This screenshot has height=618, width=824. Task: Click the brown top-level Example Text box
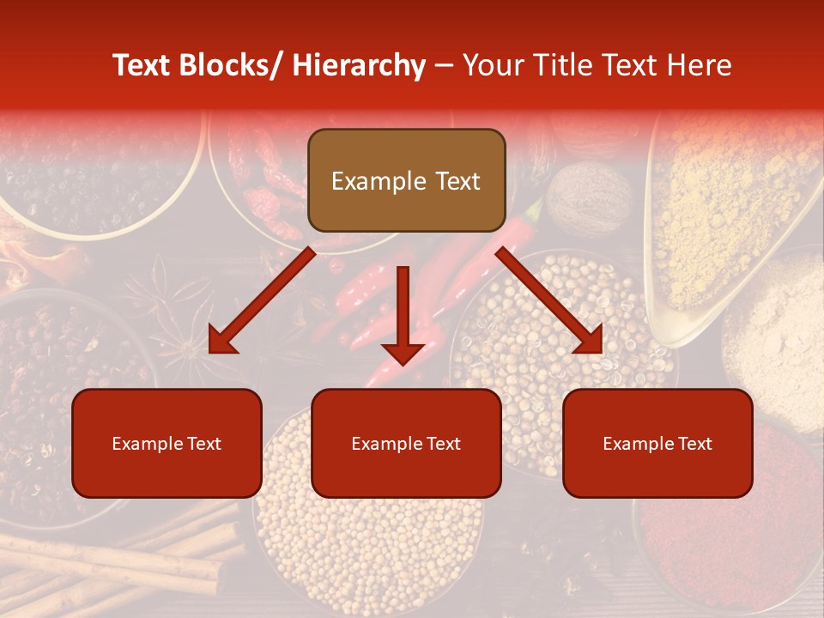coord(406,180)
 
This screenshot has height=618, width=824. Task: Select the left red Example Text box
coord(167,443)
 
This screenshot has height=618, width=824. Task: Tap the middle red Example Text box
coord(406,443)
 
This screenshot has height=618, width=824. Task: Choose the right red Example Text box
coord(657,443)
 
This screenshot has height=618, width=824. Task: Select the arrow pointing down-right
coord(549,300)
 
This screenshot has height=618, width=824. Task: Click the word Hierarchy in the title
coord(359,65)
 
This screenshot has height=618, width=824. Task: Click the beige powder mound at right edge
coord(777,335)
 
